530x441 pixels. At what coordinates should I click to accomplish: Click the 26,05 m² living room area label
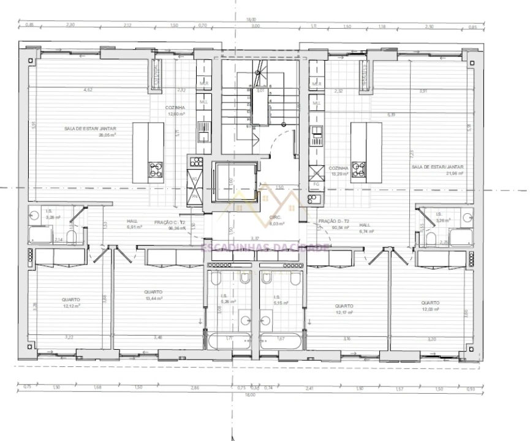[90, 132]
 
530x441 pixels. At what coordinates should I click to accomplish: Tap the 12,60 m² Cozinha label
[175, 111]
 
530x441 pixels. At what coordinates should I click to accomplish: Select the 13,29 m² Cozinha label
[338, 171]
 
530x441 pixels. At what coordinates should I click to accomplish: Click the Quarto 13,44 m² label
[153, 295]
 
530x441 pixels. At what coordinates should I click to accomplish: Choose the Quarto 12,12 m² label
[70, 303]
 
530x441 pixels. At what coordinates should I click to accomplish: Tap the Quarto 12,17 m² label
[344, 309]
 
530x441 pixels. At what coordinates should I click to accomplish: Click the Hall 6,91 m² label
[134, 224]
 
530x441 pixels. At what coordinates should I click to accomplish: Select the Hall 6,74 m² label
[365, 228]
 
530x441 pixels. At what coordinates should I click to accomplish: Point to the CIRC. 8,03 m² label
[277, 221]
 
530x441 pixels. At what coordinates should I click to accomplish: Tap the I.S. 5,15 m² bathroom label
[281, 300]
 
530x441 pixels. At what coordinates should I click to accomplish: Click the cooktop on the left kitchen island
[156, 169]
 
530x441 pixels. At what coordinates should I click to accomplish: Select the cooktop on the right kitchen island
[358, 169]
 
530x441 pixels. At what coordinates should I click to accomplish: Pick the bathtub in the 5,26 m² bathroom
[229, 340]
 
